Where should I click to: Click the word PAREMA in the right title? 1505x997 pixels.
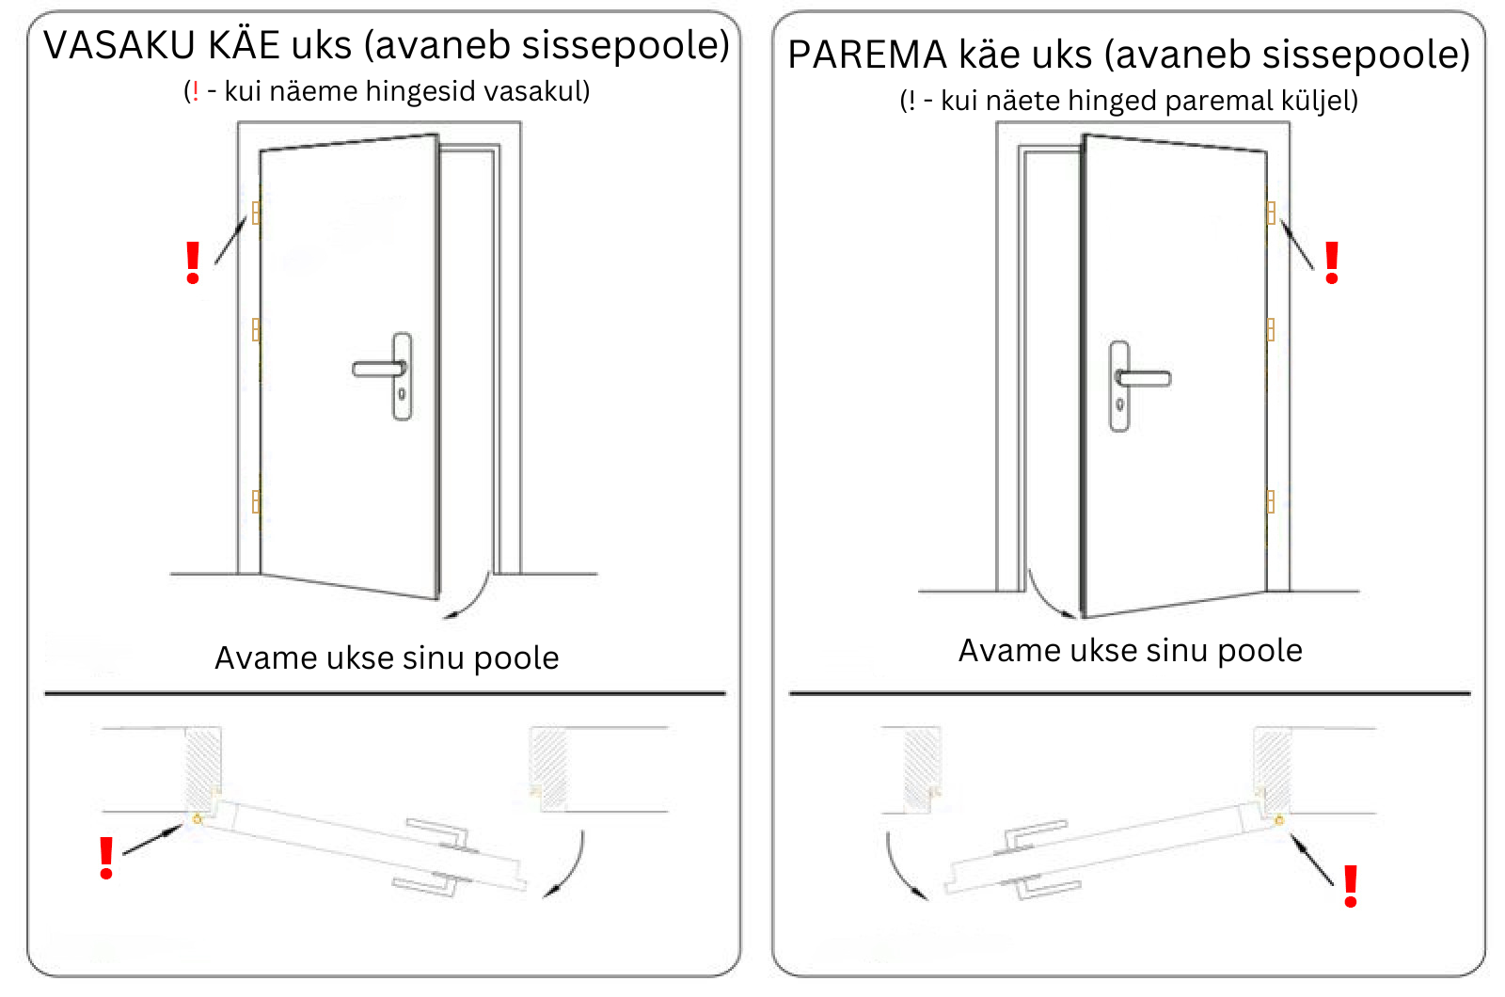(866, 55)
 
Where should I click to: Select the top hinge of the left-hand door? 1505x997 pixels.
(256, 213)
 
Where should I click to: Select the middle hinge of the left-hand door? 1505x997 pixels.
(256, 330)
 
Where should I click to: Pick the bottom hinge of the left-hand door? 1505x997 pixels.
(256, 501)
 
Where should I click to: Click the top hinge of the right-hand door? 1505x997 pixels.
(1271, 213)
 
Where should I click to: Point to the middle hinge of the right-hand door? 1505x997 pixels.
(1271, 330)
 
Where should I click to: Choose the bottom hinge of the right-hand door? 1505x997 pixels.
(1271, 501)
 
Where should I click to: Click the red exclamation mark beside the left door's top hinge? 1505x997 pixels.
(193, 262)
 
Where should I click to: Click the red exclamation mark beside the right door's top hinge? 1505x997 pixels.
(1332, 262)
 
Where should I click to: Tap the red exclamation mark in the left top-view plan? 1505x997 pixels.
(106, 858)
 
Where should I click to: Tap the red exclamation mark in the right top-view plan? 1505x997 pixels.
(1351, 886)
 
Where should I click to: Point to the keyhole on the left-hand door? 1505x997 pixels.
(402, 394)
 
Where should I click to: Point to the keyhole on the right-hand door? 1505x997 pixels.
(1120, 404)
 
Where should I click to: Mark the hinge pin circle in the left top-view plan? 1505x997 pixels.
(197, 819)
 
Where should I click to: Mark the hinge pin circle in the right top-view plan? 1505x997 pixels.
(1279, 820)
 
